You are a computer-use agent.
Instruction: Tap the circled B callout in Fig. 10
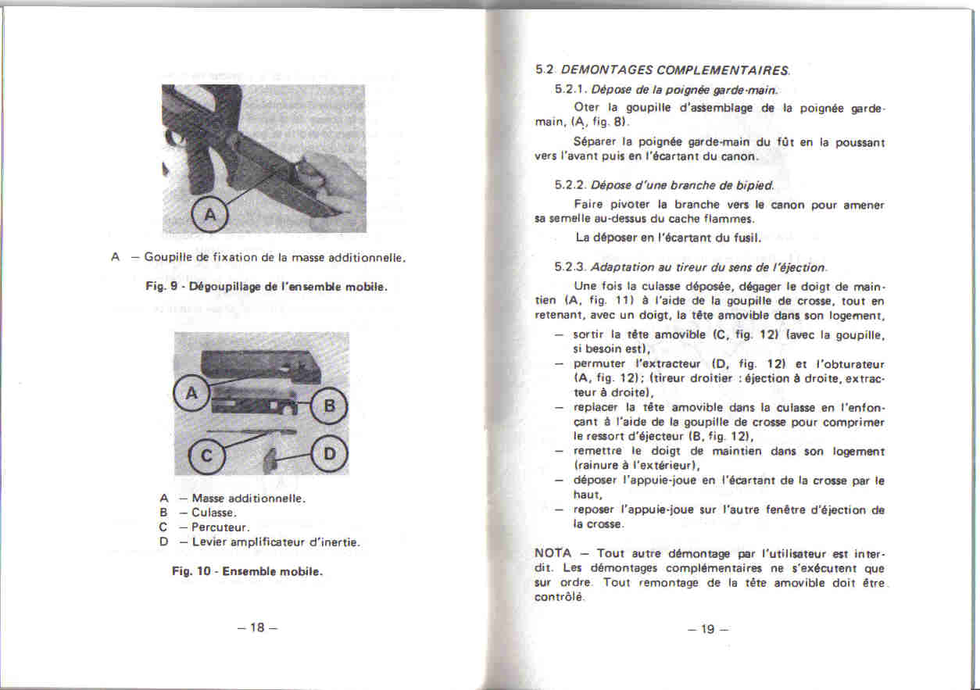click(329, 406)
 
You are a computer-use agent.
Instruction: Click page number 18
click(257, 628)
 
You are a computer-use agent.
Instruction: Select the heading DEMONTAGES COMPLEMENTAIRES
click(676, 70)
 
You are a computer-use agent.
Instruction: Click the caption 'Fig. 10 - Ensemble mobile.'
click(248, 571)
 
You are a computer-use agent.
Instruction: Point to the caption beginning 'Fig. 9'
click(266, 286)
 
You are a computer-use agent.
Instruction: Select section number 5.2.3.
click(570, 268)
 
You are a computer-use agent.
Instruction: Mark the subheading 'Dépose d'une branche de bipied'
click(681, 185)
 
